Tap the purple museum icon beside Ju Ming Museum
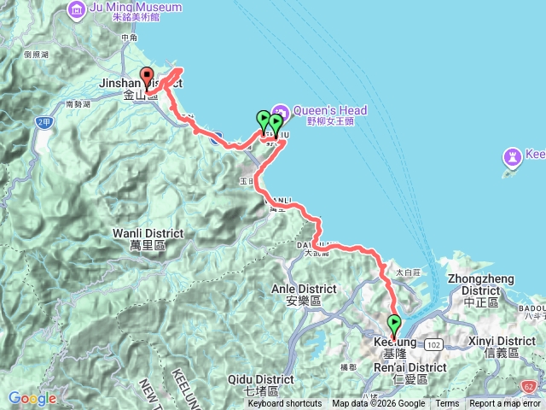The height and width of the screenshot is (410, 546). [78, 9]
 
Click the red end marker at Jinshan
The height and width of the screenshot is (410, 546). [147, 76]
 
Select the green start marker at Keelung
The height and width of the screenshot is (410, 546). [395, 325]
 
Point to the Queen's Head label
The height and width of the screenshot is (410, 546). [330, 111]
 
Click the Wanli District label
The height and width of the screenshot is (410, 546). [143, 232]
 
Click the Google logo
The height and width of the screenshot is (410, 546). [32, 398]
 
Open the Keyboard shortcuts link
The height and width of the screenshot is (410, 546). [285, 404]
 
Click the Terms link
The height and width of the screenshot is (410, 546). [447, 404]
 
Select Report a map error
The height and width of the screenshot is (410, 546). [505, 404]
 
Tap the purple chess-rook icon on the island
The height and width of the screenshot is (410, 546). [513, 158]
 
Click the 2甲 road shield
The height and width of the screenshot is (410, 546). [44, 122]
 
